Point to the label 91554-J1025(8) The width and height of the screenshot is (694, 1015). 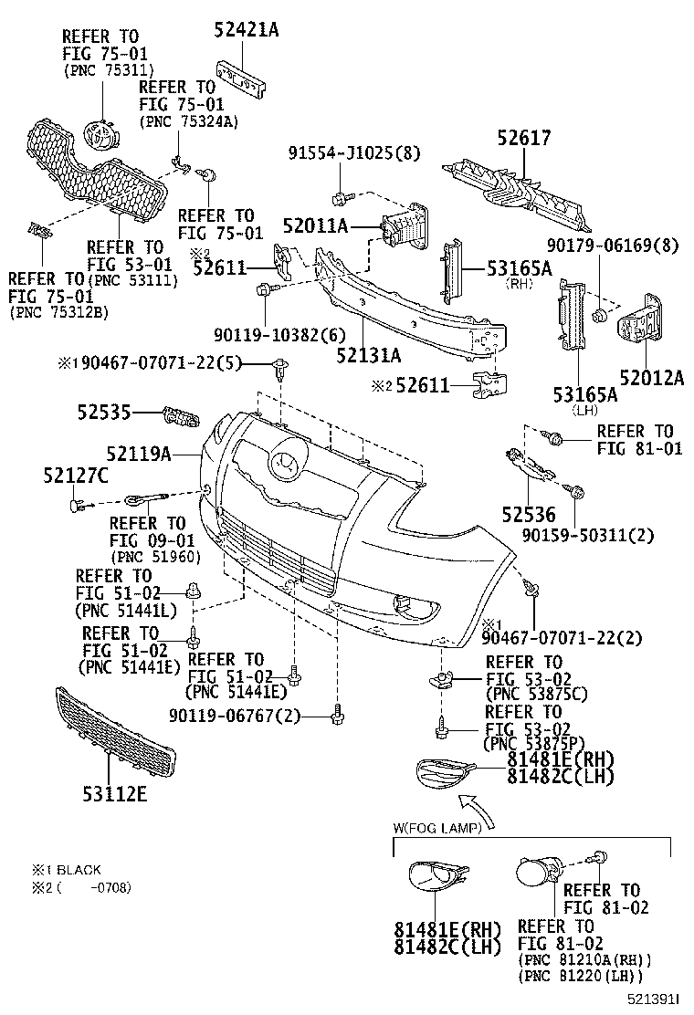tap(342, 153)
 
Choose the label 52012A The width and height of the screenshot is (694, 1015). tap(651, 379)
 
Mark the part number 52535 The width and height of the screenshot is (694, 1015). tap(105, 414)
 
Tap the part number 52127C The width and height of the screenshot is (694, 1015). tap(75, 476)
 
